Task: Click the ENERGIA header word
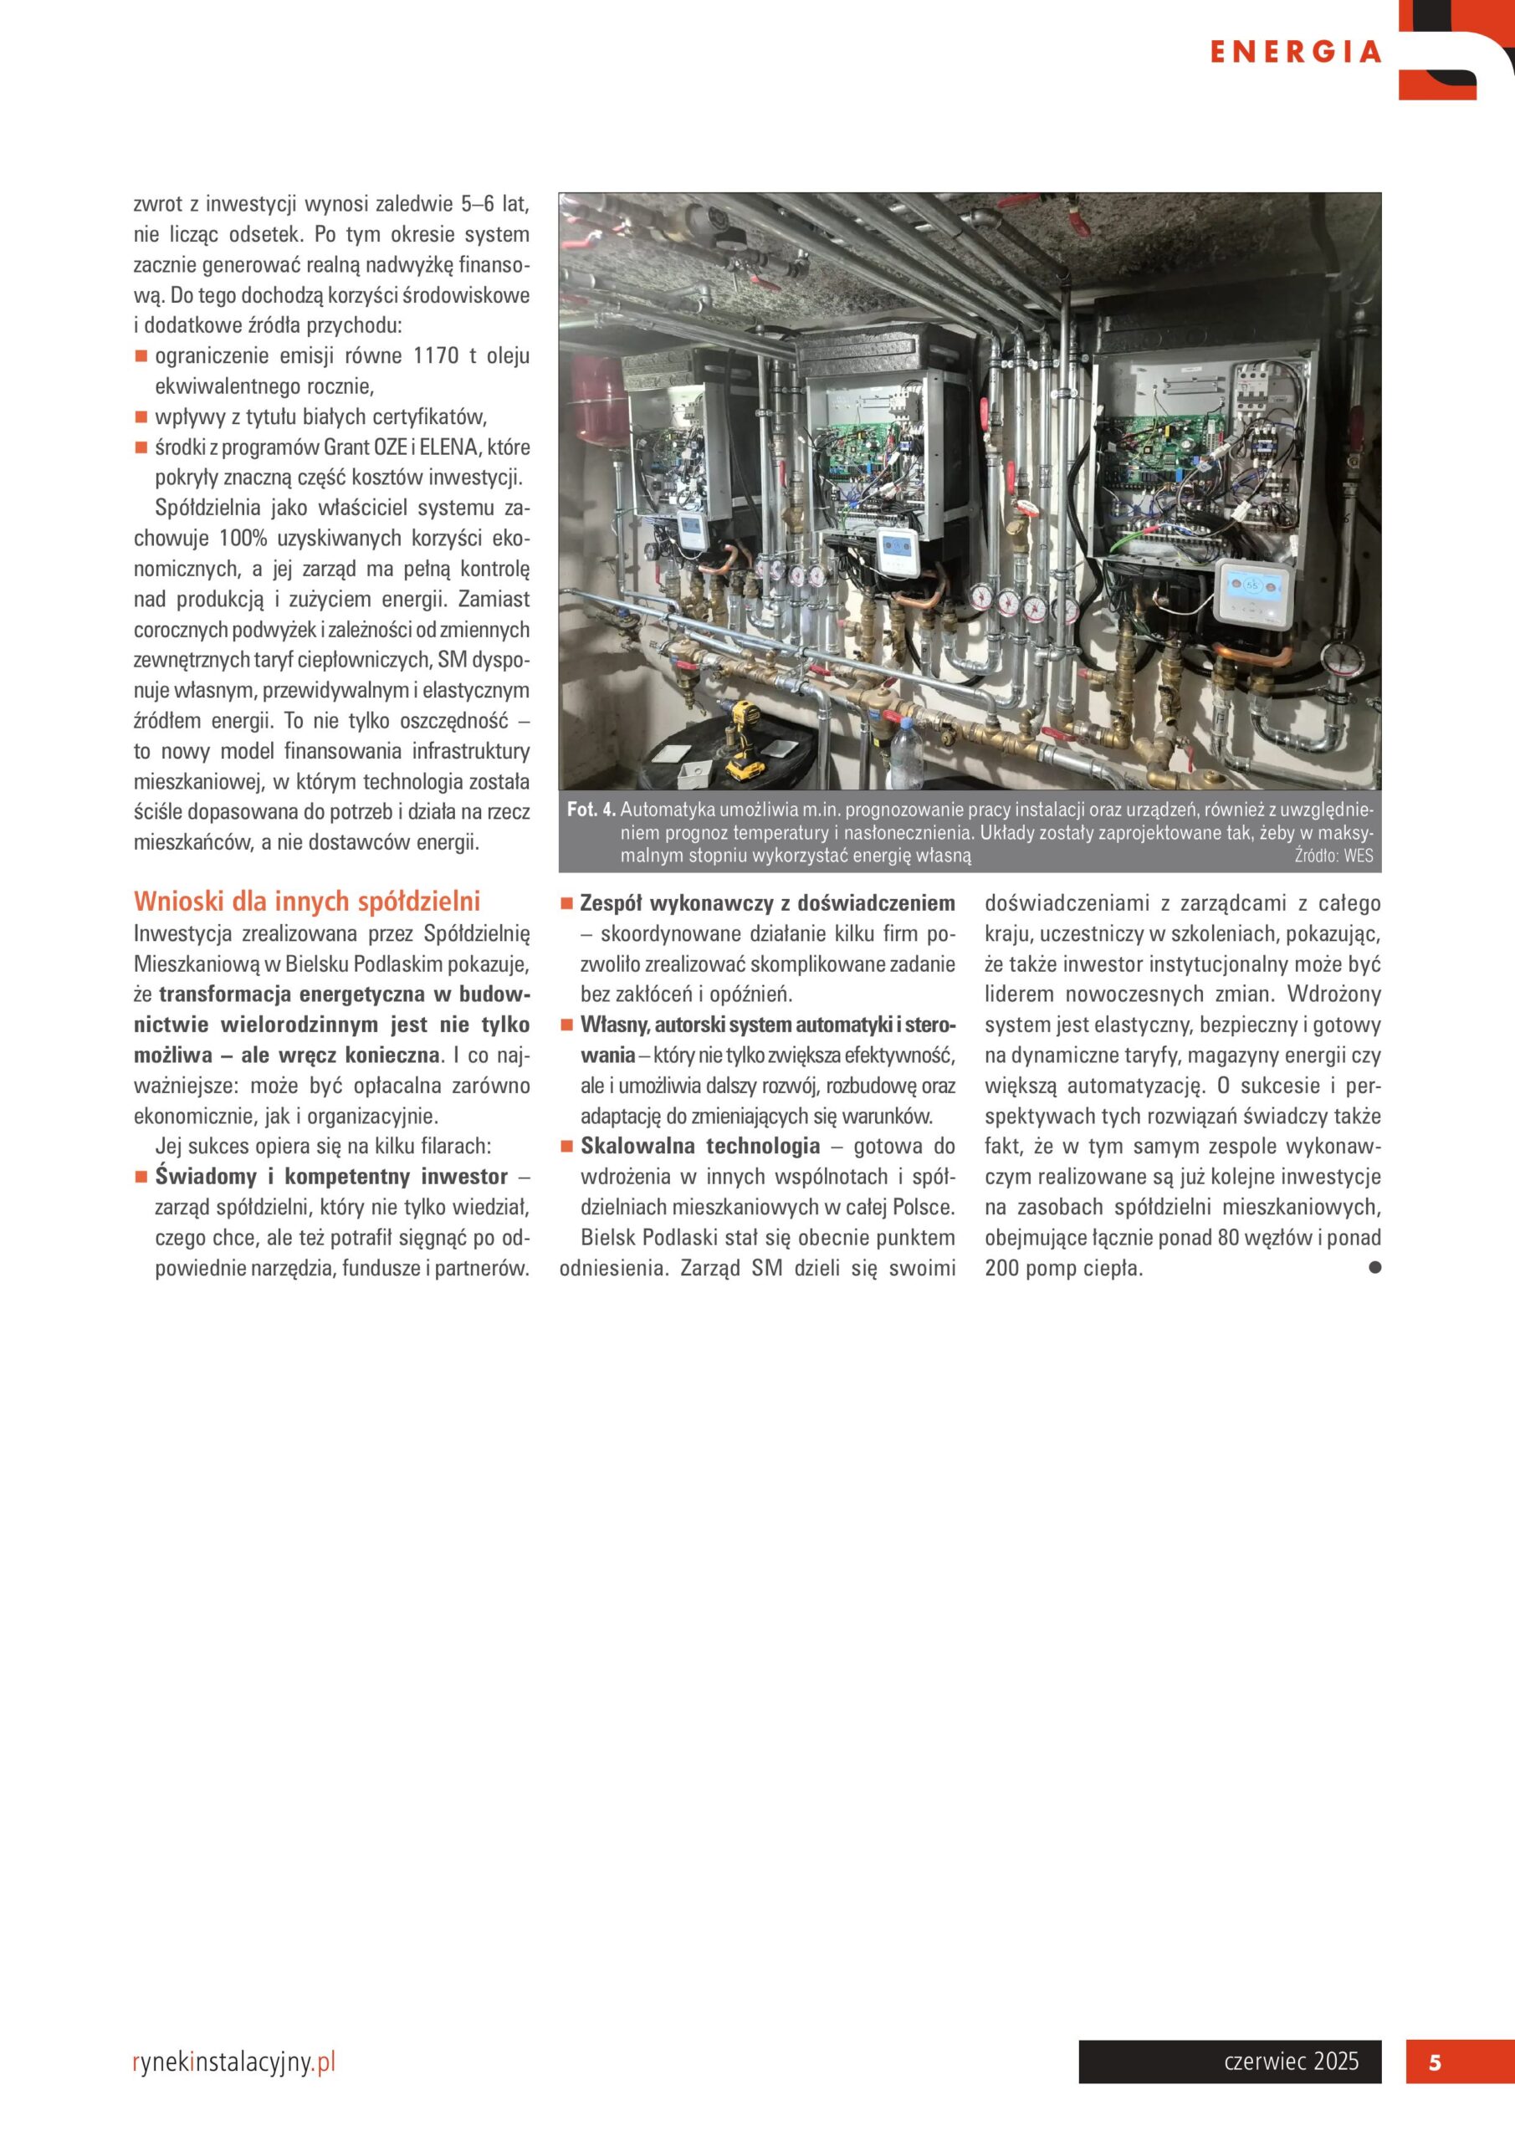click(x=1295, y=52)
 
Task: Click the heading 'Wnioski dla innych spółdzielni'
click(x=307, y=901)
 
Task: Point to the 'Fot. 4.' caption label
click(x=591, y=810)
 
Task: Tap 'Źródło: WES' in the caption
click(x=1333, y=855)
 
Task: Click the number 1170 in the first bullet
click(x=436, y=356)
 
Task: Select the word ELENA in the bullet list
click(x=448, y=447)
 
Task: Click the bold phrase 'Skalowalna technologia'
click(x=699, y=1146)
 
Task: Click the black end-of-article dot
click(x=1374, y=1267)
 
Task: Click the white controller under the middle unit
click(x=896, y=550)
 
